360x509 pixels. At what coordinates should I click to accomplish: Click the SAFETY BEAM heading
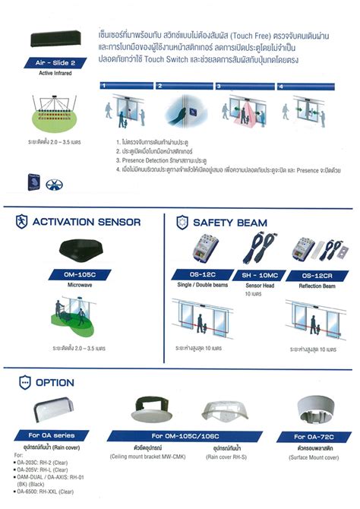(231, 223)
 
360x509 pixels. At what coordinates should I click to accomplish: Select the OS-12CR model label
(310, 274)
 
